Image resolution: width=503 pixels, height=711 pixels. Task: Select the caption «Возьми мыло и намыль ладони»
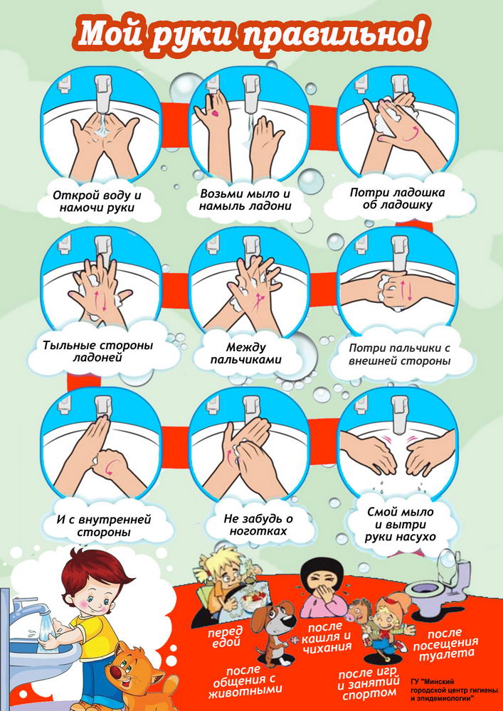[x=246, y=200]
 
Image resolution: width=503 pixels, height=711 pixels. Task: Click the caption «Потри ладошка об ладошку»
[x=397, y=198]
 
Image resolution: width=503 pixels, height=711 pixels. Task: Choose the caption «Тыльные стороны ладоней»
[x=98, y=351]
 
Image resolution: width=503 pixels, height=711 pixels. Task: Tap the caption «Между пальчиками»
[x=248, y=353]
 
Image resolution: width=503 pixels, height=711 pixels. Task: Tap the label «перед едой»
[x=225, y=636]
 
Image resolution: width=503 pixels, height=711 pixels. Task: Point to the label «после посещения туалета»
[x=445, y=643]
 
